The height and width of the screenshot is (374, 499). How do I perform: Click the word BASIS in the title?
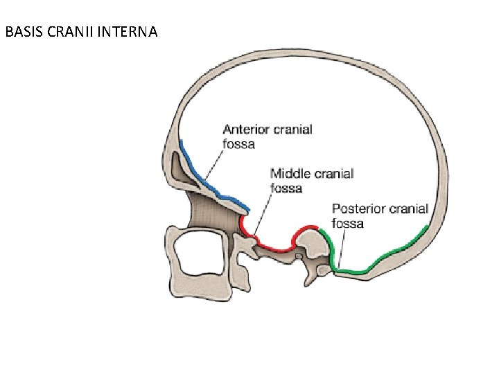[x=20, y=32]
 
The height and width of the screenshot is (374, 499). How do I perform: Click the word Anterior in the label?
[x=246, y=130]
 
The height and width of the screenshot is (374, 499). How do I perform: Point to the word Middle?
[x=290, y=174]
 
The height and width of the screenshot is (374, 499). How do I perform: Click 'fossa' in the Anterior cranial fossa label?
[x=238, y=144]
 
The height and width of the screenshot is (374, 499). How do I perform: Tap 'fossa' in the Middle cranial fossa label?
[x=286, y=188]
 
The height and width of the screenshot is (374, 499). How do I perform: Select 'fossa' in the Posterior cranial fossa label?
[x=347, y=224]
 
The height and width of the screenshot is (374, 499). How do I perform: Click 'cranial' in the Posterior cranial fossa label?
[x=409, y=208]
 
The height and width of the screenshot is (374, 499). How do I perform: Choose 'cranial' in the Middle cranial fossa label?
[x=332, y=174]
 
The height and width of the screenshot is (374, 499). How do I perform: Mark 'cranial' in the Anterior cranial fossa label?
[x=292, y=130]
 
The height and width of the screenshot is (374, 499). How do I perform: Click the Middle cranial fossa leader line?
[x=262, y=215]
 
